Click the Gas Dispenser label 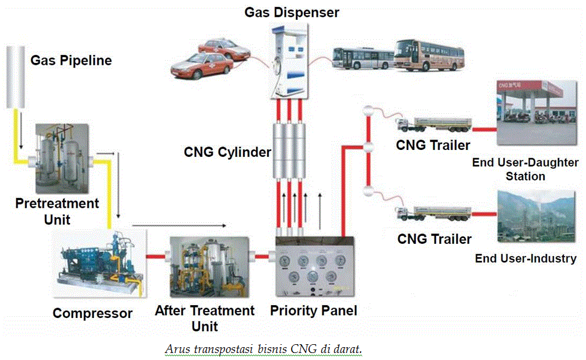[292, 12]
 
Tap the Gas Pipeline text [71, 61]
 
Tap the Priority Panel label [314, 310]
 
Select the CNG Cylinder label [227, 153]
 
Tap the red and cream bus [430, 55]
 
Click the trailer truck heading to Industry [434, 215]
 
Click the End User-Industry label [525, 258]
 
